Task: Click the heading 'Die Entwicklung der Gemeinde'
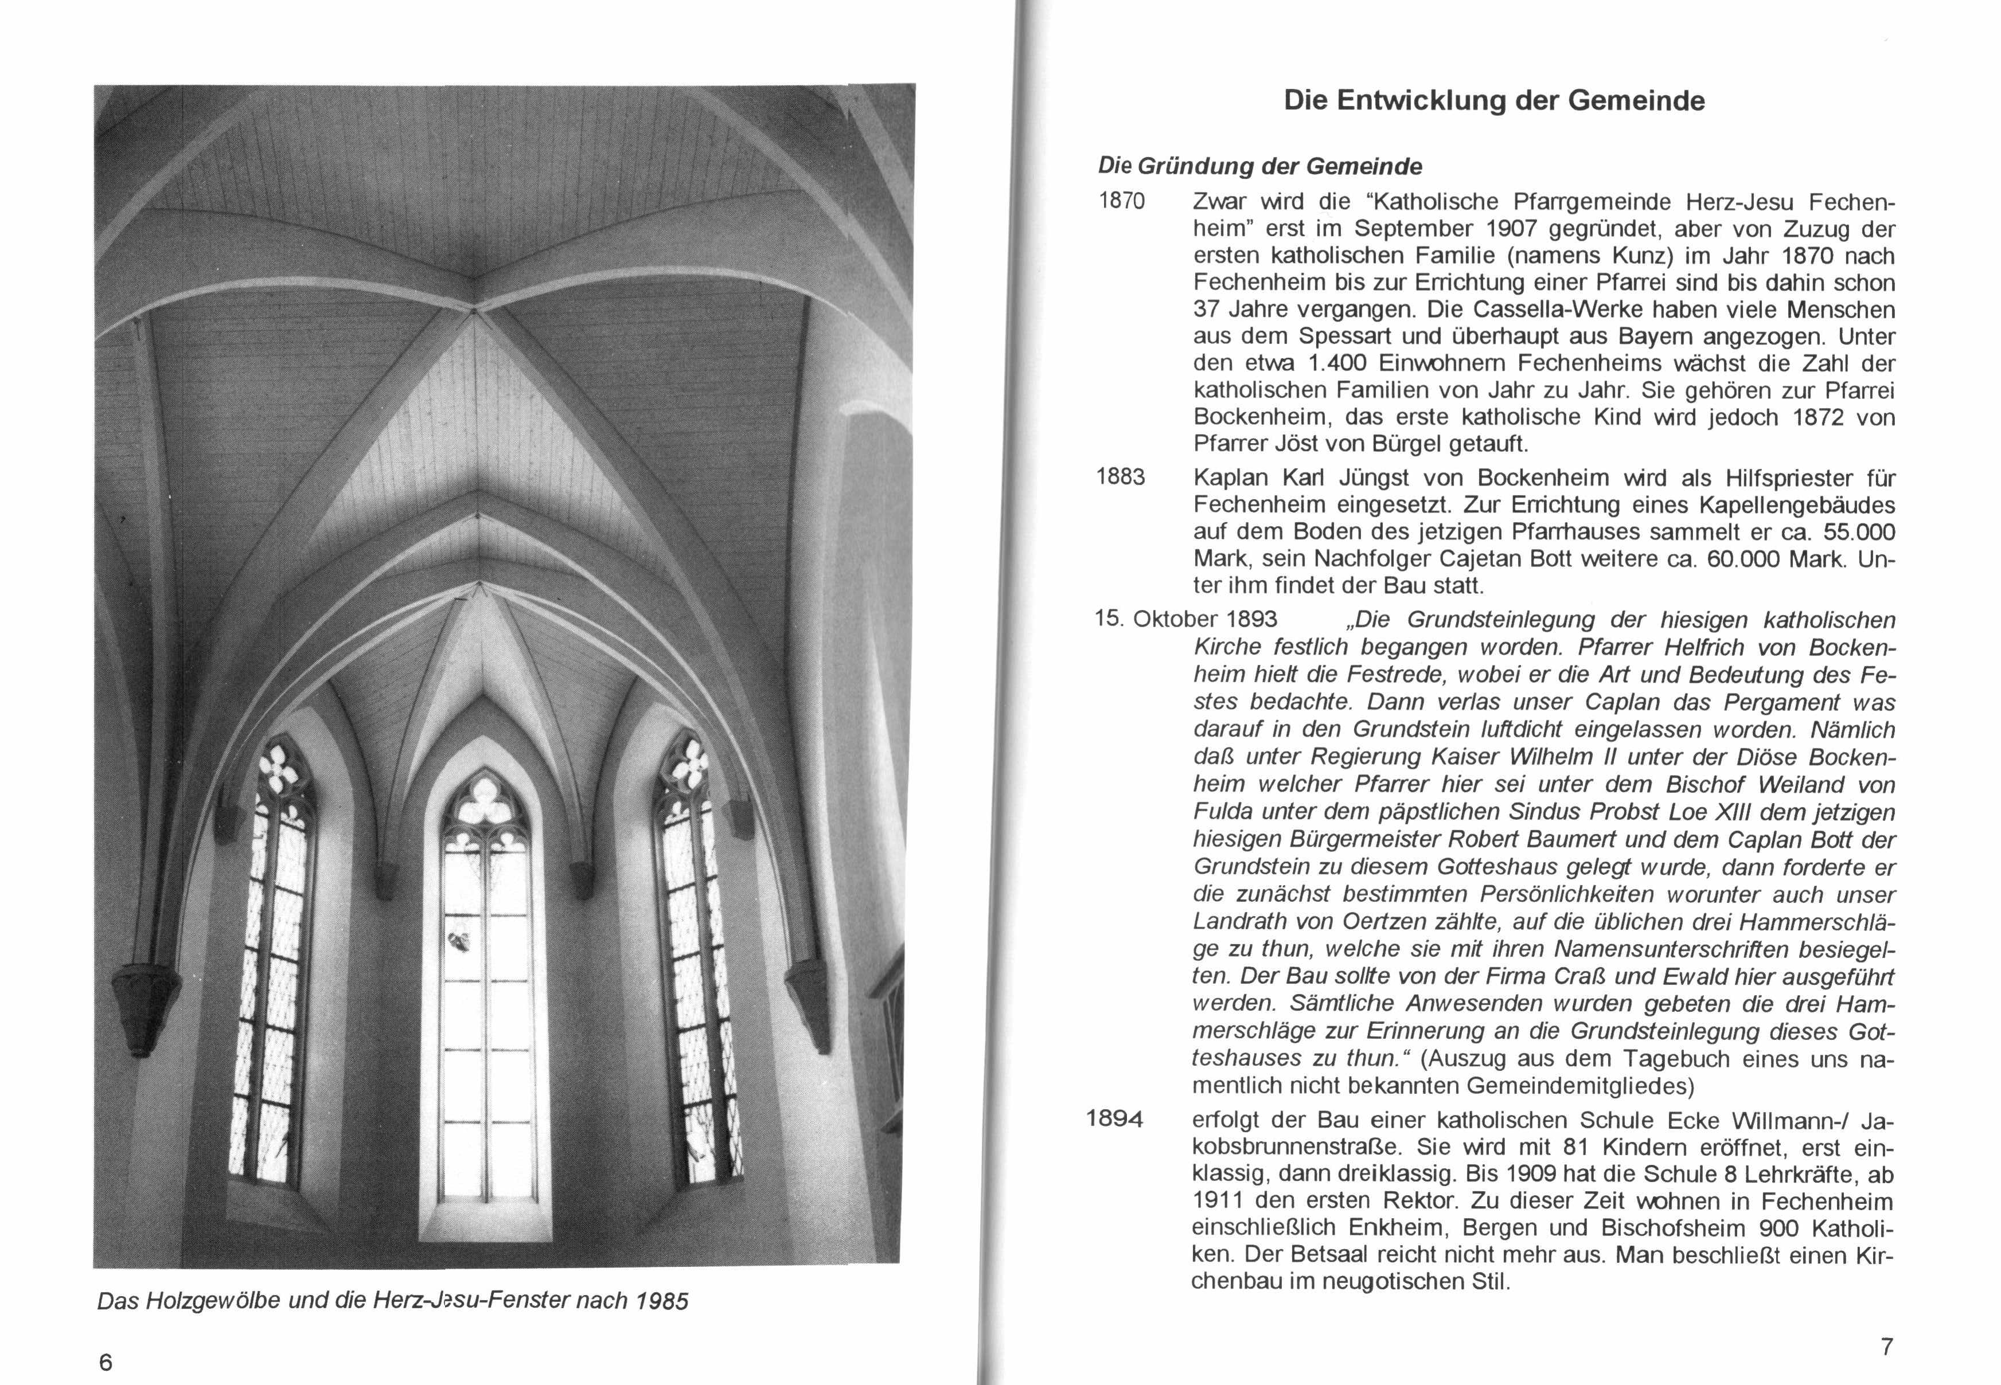(1494, 101)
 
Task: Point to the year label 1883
(1121, 478)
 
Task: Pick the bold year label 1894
(1115, 1120)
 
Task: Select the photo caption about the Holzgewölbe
(392, 1302)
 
